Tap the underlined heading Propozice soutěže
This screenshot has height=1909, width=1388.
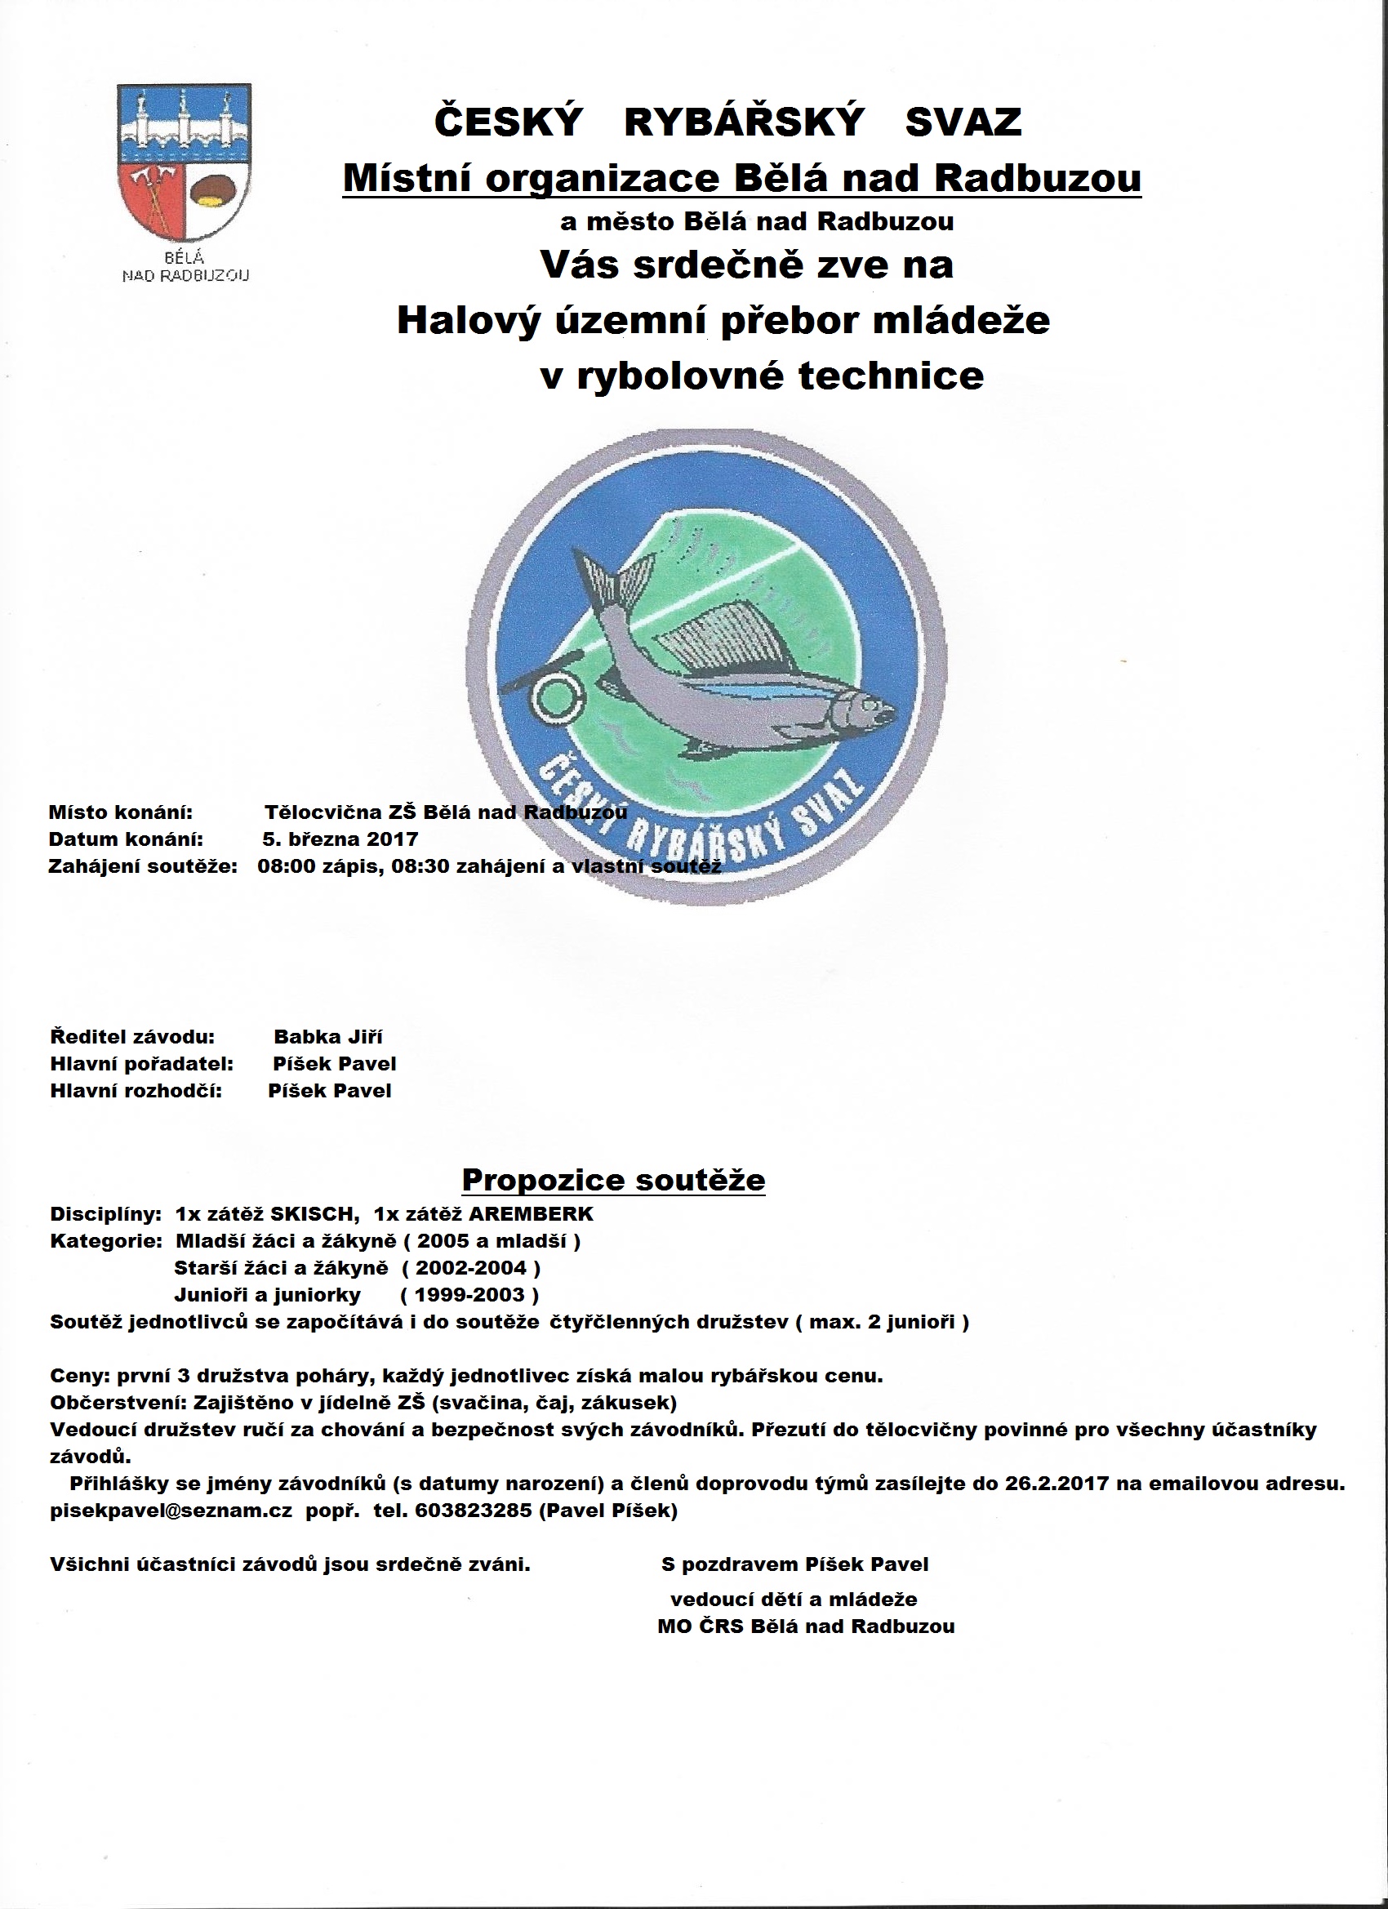614,1179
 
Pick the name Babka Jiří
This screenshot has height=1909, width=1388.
328,1036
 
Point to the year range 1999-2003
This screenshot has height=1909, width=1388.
477,1294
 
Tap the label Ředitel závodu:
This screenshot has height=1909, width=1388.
133,1036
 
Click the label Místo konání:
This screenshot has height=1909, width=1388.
121,812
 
